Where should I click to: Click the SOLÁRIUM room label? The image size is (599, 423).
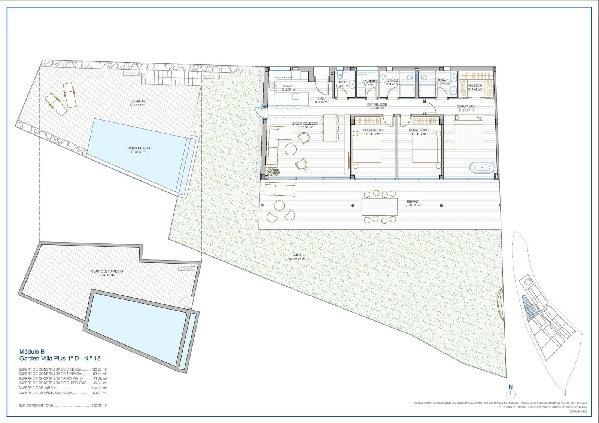click(137, 101)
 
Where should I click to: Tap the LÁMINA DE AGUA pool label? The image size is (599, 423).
click(139, 148)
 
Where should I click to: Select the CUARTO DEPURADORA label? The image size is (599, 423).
click(107, 271)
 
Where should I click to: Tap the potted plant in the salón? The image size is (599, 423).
click(273, 172)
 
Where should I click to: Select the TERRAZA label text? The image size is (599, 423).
click(413, 201)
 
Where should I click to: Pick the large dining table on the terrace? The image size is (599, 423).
click(379, 207)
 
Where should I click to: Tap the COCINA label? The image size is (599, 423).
click(289, 86)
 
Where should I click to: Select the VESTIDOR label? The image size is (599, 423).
click(475, 85)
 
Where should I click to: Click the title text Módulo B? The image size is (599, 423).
click(32, 352)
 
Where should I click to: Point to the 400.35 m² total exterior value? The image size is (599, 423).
click(99, 405)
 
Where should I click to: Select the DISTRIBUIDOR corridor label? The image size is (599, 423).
click(377, 104)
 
